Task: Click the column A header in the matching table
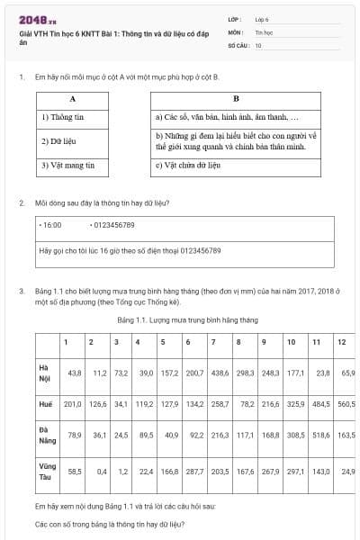(x=72, y=98)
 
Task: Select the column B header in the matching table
(x=236, y=98)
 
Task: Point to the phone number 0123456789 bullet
(x=112, y=225)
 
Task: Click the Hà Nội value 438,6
(x=220, y=373)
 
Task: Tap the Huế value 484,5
(x=320, y=404)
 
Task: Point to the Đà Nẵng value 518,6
(x=320, y=436)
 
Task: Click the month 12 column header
(x=341, y=343)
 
